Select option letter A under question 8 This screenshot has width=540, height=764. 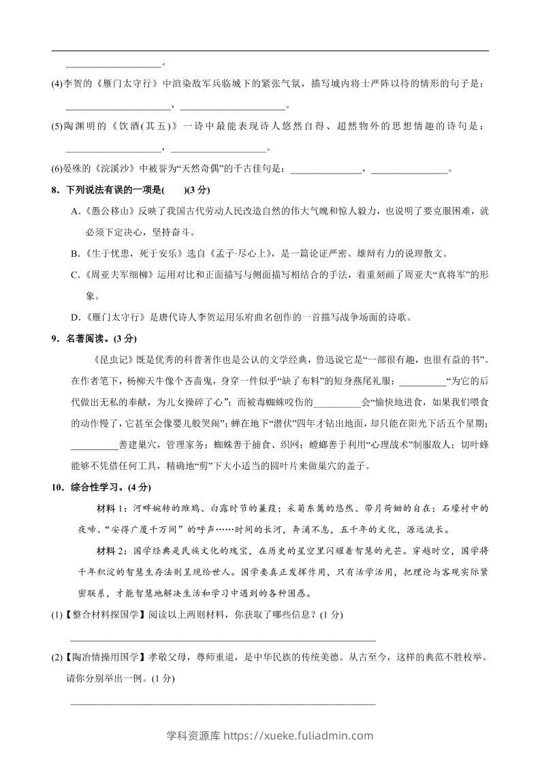point(75,212)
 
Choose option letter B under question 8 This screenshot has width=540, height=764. point(75,254)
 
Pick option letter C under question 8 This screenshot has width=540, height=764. point(75,275)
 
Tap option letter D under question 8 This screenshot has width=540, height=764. point(75,317)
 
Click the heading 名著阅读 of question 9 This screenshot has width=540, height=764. point(88,338)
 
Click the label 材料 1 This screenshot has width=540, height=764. point(113,509)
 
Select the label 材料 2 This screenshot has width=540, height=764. point(113,551)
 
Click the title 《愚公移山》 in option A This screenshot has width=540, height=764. point(108,212)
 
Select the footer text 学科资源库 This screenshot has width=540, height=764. point(189,735)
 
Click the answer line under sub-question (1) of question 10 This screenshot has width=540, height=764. point(223,639)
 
